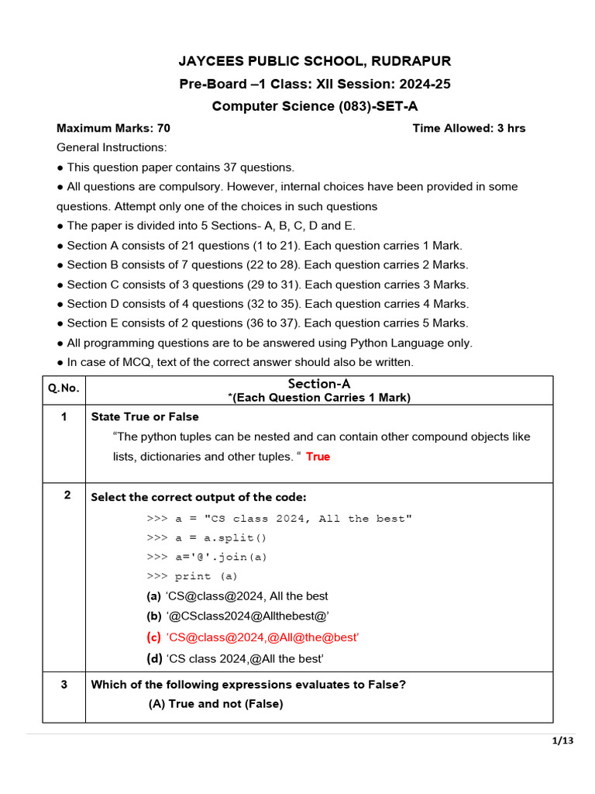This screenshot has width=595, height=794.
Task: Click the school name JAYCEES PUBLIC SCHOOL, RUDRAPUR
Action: pyautogui.click(x=315, y=61)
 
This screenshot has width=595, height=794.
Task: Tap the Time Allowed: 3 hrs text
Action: pyautogui.click(x=469, y=128)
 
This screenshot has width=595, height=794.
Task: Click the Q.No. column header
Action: pyautogui.click(x=64, y=389)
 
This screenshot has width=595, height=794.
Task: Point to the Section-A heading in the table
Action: pyautogui.click(x=319, y=384)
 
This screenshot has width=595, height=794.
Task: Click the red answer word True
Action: pyautogui.click(x=318, y=457)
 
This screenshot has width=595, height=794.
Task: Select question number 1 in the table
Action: pyautogui.click(x=64, y=417)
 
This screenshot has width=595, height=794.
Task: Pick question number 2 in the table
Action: pyautogui.click(x=67, y=495)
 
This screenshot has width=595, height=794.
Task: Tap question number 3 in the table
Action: pyautogui.click(x=64, y=685)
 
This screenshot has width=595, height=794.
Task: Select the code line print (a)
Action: pyautogui.click(x=192, y=576)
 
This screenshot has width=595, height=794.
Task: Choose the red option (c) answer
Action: pyautogui.click(x=253, y=637)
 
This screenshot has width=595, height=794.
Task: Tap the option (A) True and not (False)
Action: pyautogui.click(x=216, y=704)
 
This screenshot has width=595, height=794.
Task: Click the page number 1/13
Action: pyautogui.click(x=562, y=741)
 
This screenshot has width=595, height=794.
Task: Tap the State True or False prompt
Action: pyautogui.click(x=145, y=417)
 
